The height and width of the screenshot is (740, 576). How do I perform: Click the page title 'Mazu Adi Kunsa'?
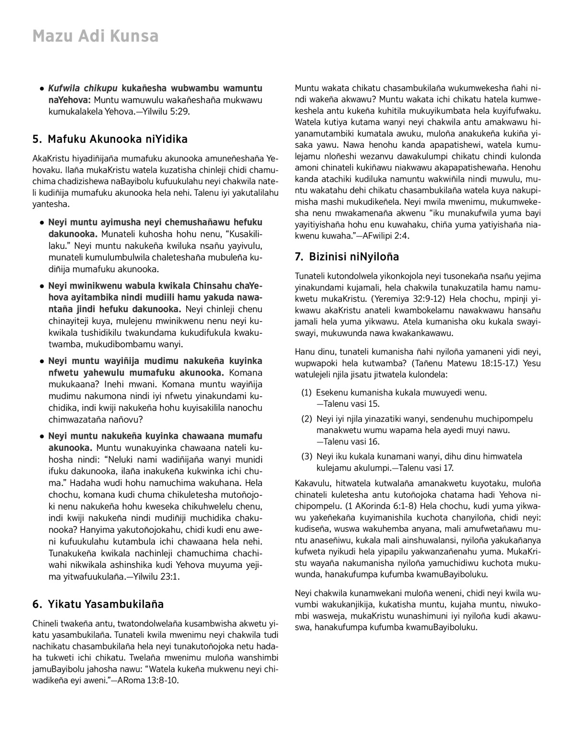pyautogui.click(x=95, y=36)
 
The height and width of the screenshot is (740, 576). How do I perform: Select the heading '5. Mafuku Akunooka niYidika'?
pyautogui.click(x=110, y=140)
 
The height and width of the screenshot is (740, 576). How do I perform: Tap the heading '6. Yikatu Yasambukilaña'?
pyautogui.click(x=98, y=604)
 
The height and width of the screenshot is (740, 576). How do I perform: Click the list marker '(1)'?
pyautogui.click(x=306, y=393)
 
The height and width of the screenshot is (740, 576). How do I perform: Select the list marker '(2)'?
pyautogui.click(x=306, y=419)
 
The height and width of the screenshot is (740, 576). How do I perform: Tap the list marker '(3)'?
pyautogui.click(x=306, y=457)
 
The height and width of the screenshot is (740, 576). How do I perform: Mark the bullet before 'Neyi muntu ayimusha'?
pyautogui.click(x=43, y=223)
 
